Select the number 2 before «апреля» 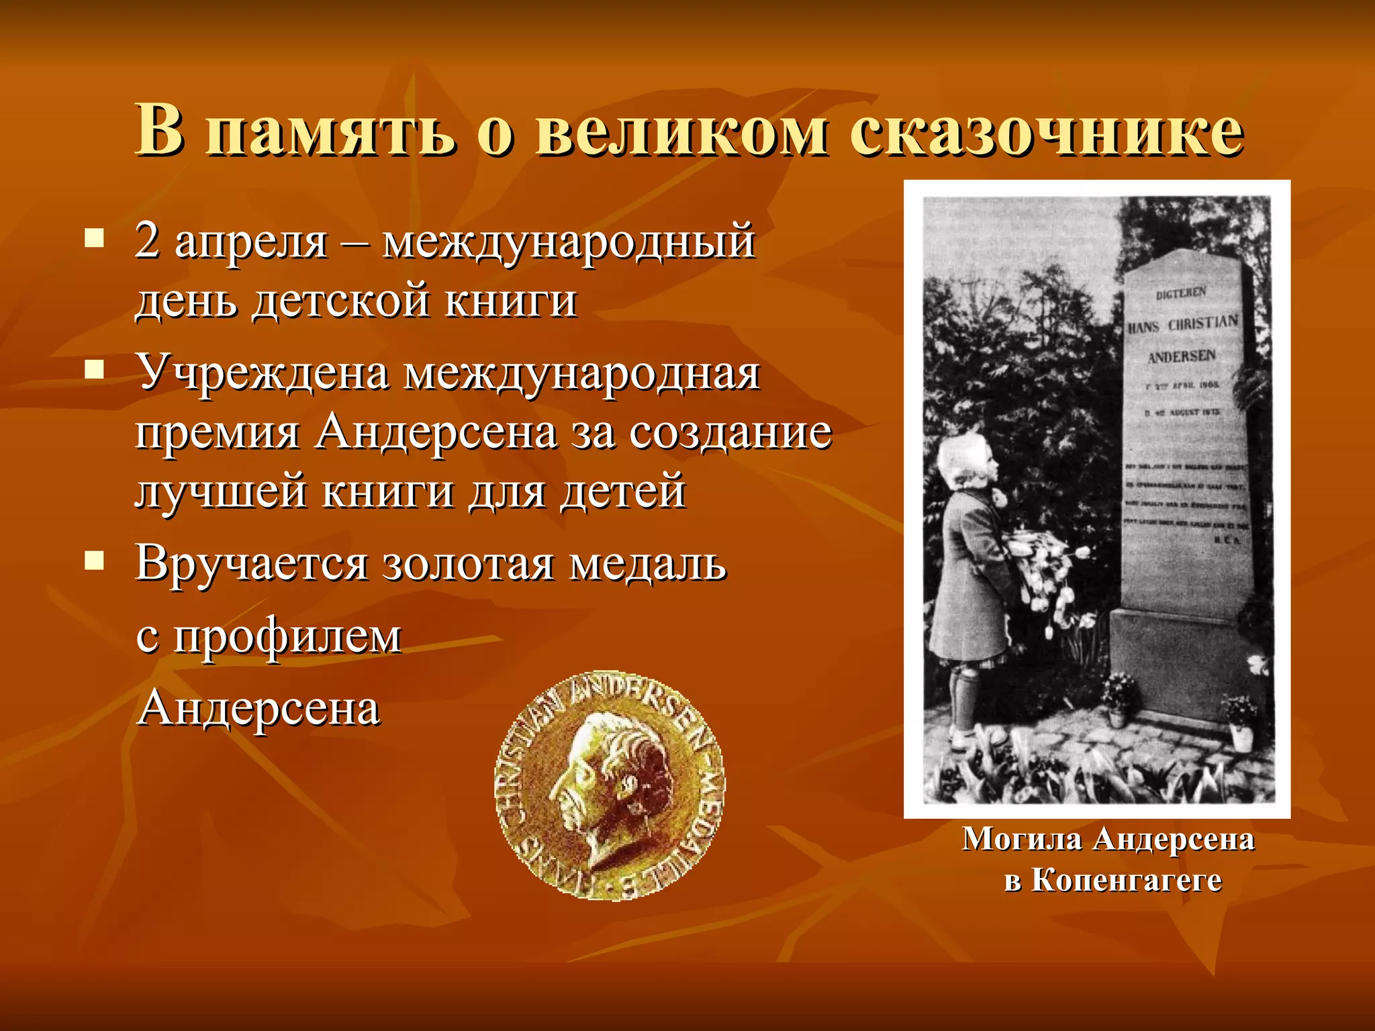[x=147, y=242]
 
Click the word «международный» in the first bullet [x=569, y=242]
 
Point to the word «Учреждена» [x=263, y=373]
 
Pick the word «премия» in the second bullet [x=217, y=433]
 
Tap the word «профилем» [x=287, y=636]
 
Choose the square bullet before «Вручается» [x=95, y=561]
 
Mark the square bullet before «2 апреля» [x=95, y=239]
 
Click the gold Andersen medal [x=610, y=785]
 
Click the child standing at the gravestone [x=970, y=584]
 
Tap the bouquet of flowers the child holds [x=1047, y=571]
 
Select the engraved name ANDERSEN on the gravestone [x=1182, y=356]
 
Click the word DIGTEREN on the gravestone [x=1181, y=294]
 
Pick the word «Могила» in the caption [x=1022, y=840]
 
